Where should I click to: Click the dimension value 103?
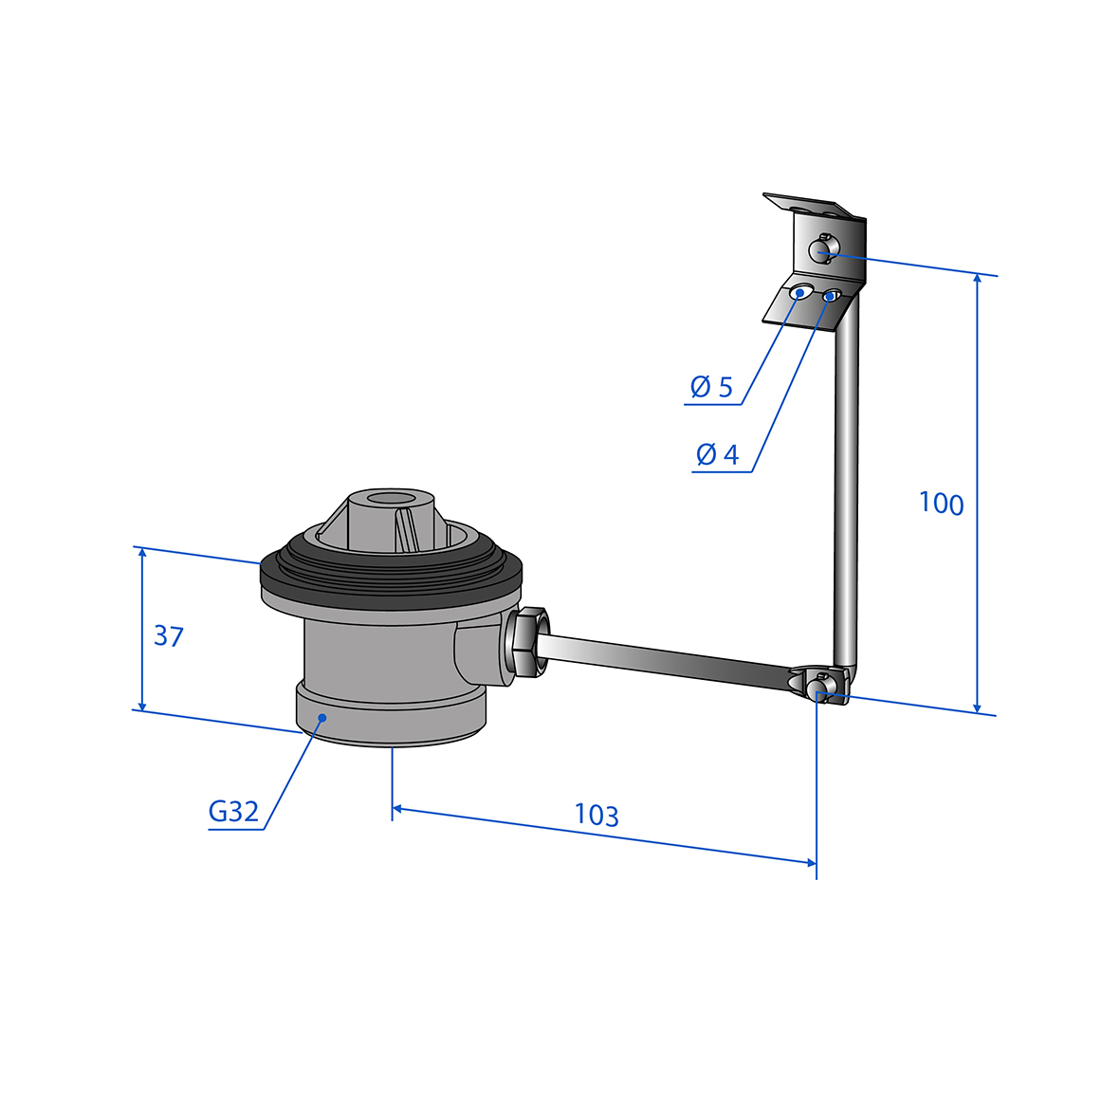pyautogui.click(x=597, y=815)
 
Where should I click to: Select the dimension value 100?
pyautogui.click(x=941, y=503)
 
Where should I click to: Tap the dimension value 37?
pyautogui.click(x=169, y=635)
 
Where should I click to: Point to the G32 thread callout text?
pyautogui.click(x=233, y=812)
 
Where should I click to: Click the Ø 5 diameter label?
pyautogui.click(x=711, y=387)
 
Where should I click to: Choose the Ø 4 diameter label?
pyautogui.click(x=717, y=454)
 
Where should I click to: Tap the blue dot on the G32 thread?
pyautogui.click(x=322, y=717)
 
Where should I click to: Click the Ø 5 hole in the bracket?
pyautogui.click(x=800, y=292)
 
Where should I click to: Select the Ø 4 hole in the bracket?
pyautogui.click(x=830, y=295)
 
